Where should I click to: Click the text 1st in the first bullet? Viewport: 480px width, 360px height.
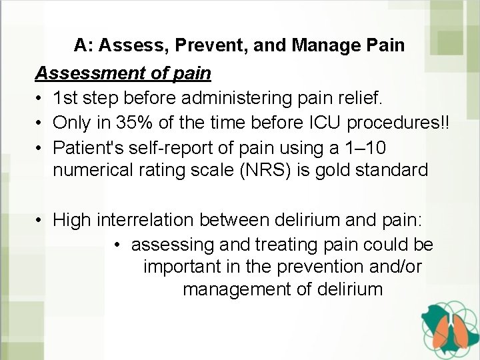pos(66,99)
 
